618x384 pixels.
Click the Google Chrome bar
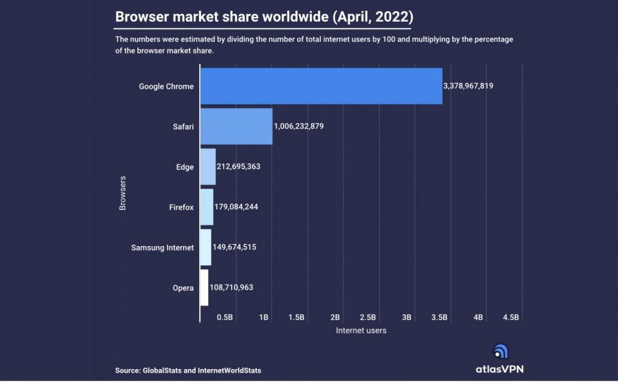click(321, 86)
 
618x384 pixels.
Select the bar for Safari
click(236, 126)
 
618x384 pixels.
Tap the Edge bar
click(208, 167)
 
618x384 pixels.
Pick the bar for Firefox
click(207, 207)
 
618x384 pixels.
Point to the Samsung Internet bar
click(205, 247)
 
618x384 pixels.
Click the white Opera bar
click(204, 287)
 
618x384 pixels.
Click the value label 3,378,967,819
click(468, 86)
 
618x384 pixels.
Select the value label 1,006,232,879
click(299, 126)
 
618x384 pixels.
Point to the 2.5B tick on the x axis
click(367, 317)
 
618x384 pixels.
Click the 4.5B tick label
click(510, 317)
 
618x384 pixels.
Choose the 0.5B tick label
click(225, 317)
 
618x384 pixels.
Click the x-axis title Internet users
click(361, 330)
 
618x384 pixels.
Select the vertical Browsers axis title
click(122, 193)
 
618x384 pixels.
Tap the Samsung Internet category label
click(163, 248)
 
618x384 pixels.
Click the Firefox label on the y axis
click(181, 207)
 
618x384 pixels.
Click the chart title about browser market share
click(264, 17)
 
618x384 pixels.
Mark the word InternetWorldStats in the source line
click(230, 371)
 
